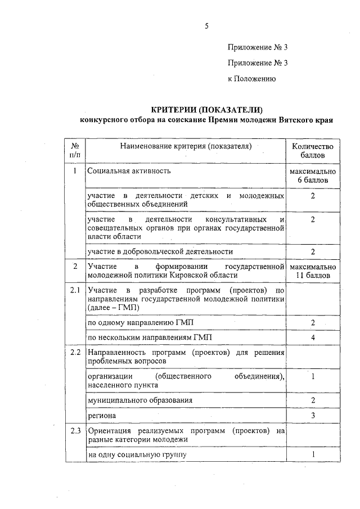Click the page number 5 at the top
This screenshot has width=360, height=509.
(206, 26)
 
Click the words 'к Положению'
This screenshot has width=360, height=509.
(251, 79)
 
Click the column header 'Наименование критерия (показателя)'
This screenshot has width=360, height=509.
(184, 146)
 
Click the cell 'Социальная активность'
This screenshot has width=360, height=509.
(129, 170)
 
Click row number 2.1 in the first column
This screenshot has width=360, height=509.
(75, 290)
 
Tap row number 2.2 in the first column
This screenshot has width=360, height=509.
(75, 353)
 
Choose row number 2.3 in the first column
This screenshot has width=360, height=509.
(75, 431)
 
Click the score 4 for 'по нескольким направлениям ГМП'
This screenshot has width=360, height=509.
(312, 337)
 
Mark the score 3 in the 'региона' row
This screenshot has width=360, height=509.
(312, 415)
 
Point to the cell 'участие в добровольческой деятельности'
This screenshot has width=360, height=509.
(160, 251)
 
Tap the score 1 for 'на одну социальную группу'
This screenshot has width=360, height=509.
(312, 453)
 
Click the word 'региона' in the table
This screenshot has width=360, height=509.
(102, 415)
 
